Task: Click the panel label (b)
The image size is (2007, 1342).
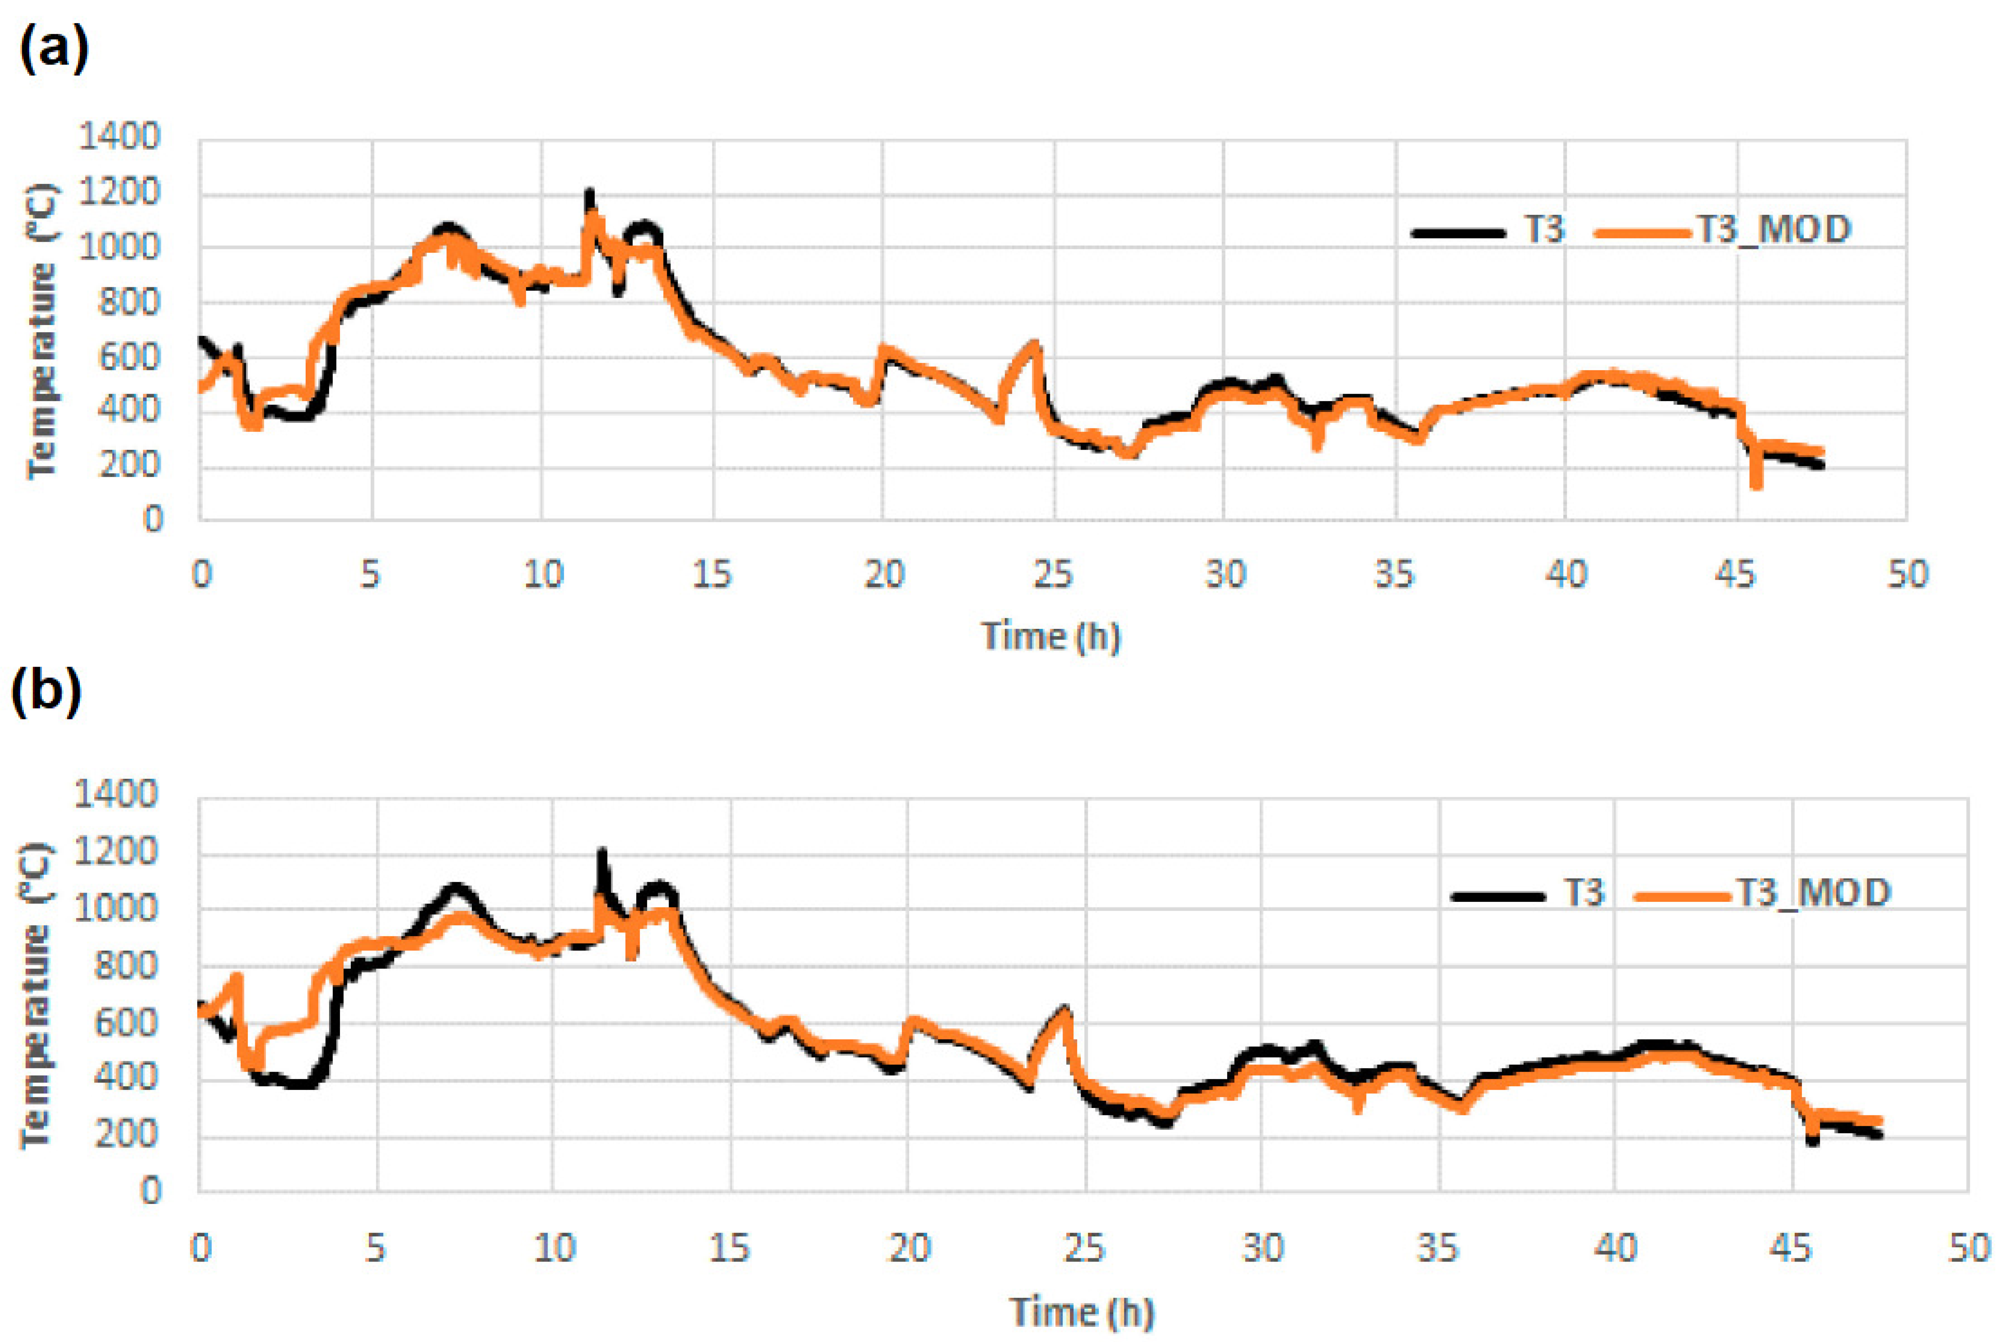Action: click(x=47, y=693)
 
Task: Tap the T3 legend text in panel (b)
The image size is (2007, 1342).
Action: click(x=1582, y=893)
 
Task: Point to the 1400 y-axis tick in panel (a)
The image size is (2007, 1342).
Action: click(x=119, y=137)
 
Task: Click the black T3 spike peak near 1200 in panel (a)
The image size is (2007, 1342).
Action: click(x=589, y=193)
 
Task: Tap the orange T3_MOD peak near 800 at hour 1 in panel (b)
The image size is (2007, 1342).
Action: click(x=237, y=976)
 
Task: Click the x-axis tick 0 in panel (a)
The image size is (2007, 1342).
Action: click(x=201, y=574)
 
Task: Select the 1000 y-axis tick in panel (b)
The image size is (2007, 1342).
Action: click(x=116, y=909)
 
